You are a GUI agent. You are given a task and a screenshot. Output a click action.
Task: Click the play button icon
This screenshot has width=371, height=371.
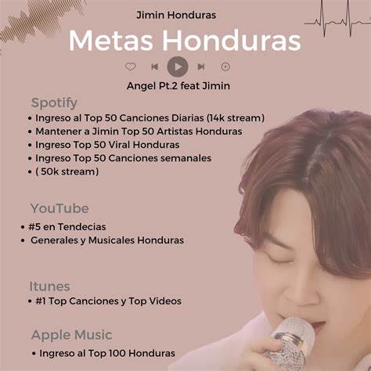[x=178, y=67]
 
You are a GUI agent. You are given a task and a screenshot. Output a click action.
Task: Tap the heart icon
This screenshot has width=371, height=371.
[x=131, y=67]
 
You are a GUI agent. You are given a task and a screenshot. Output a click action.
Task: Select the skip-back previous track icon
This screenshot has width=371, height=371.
[x=155, y=67]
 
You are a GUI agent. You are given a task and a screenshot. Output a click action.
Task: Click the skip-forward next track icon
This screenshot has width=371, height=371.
[x=201, y=67]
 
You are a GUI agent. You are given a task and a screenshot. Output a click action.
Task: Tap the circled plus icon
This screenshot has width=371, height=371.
[x=225, y=67]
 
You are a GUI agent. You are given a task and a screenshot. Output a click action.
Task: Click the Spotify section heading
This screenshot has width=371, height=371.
[x=54, y=103]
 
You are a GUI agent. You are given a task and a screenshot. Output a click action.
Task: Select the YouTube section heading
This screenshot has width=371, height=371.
[x=59, y=208]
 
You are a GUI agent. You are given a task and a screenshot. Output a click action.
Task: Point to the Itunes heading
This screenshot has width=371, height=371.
[x=49, y=286]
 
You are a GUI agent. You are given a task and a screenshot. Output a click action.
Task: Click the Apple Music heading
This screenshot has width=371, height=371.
[x=72, y=335]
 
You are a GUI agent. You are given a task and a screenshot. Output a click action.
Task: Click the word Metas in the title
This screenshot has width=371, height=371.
[x=110, y=41]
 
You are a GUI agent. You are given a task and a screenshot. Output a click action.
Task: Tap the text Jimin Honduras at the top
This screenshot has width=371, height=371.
[x=176, y=15]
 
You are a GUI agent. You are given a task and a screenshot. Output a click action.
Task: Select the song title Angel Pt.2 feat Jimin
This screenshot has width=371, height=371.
[x=178, y=86]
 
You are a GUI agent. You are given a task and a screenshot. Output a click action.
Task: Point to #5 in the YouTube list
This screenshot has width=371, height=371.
[x=34, y=227]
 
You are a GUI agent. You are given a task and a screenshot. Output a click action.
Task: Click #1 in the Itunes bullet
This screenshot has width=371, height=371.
[x=41, y=301]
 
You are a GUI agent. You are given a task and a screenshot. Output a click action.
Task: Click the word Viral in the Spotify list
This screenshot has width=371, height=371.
[x=119, y=145]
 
